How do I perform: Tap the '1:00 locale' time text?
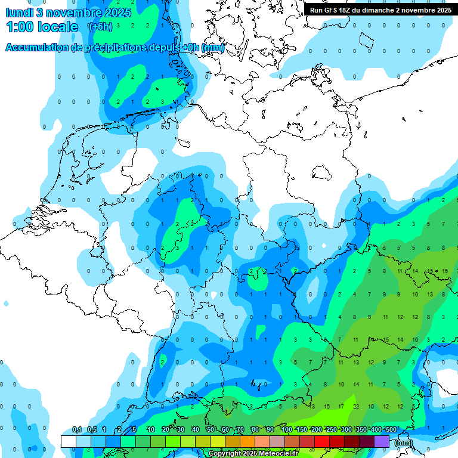pyautogui.click(x=42, y=27)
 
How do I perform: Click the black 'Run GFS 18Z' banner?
pyautogui.click(x=380, y=10)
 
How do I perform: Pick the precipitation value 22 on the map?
pyautogui.click(x=356, y=406)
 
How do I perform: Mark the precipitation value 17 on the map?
pyautogui.click(x=341, y=406)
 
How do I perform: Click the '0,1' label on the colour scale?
pyautogui.click(x=77, y=429)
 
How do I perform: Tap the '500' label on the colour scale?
pyautogui.click(x=391, y=429)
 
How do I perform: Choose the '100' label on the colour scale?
pyautogui.click(x=286, y=429)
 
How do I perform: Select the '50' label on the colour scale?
pyautogui.click(x=211, y=429)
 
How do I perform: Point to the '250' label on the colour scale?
pyautogui.click(x=331, y=429)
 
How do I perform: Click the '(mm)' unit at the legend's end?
pyautogui.click(x=403, y=442)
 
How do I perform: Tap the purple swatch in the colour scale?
pyautogui.click(x=382, y=441)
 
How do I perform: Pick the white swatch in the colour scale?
pyautogui.click(x=68, y=441)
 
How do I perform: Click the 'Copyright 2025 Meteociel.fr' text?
pyautogui.click(x=253, y=454)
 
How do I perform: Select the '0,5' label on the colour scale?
pyautogui.click(x=92, y=429)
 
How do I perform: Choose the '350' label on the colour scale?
pyautogui.click(x=361, y=429)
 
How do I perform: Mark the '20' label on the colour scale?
pyautogui.click(x=165, y=429)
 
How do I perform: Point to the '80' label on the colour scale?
pyautogui.click(x=255, y=429)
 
